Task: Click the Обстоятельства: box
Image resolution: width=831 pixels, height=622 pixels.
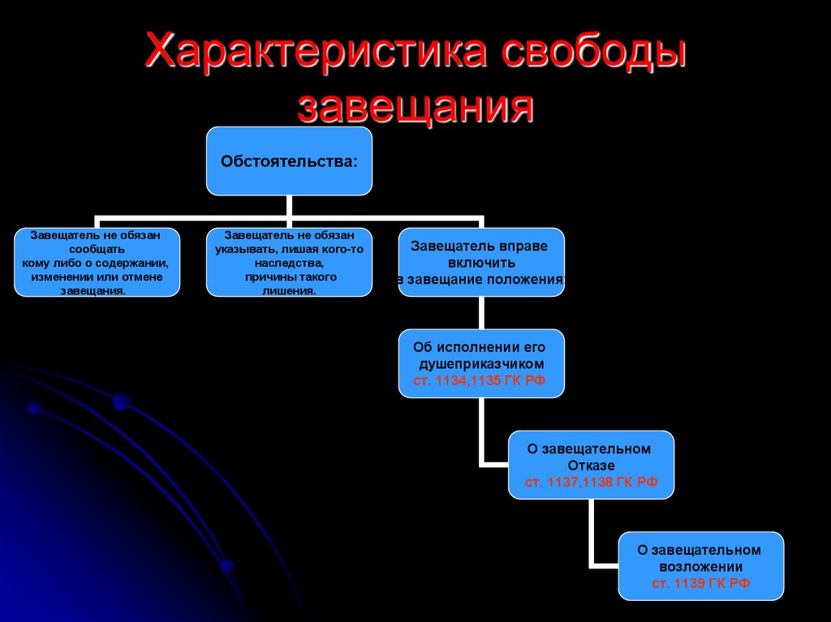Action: coord(289,161)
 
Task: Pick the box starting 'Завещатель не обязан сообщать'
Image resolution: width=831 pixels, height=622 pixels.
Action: coord(97,262)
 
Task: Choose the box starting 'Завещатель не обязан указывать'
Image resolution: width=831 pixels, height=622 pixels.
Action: coord(289,262)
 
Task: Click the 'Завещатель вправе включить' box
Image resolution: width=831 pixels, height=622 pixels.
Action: coord(481,262)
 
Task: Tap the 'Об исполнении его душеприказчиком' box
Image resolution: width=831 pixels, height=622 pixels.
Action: coord(481,363)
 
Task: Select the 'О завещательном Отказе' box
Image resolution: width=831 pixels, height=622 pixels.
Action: coord(591,465)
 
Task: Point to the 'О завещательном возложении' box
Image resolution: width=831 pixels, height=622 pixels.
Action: coord(701,566)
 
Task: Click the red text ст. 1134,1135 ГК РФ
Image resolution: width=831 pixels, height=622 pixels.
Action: coord(480,380)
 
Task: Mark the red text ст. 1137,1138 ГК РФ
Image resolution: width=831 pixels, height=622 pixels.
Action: coord(591,482)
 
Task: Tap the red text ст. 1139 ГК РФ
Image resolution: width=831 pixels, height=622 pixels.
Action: coord(701,583)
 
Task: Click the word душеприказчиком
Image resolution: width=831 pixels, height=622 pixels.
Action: coord(480,364)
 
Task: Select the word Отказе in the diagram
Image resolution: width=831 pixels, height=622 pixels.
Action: coord(592,465)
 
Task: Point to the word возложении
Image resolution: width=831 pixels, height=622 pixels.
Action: coord(701,567)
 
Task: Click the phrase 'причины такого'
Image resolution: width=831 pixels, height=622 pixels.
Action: coord(290,277)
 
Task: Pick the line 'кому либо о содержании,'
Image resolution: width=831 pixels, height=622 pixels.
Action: coord(97,263)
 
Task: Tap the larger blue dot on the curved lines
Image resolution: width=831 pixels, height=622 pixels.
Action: coord(122,401)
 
